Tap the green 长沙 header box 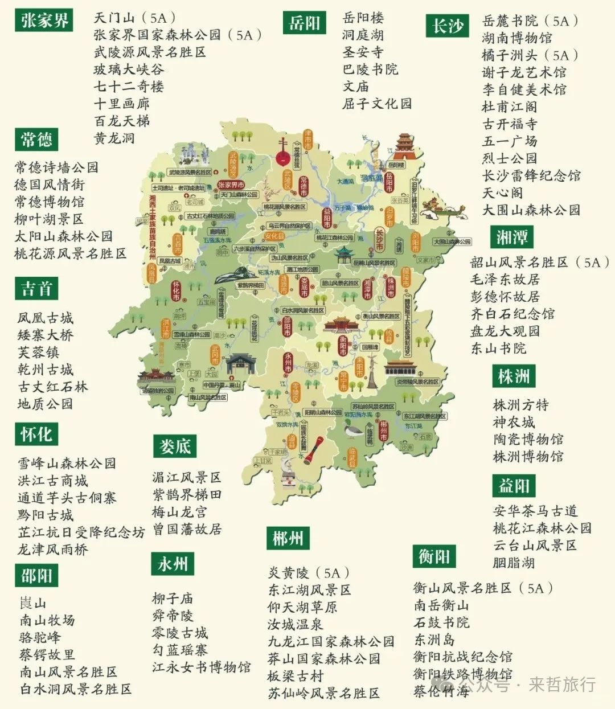(x=448, y=26)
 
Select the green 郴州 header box (x=288, y=538)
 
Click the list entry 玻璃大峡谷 (x=129, y=69)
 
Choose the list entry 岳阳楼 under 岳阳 (x=363, y=18)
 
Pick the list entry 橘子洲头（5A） (x=530, y=55)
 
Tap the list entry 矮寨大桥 (x=46, y=335)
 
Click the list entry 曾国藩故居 (x=186, y=530)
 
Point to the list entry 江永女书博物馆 (x=201, y=667)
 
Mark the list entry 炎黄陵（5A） (x=309, y=573)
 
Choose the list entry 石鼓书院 (x=442, y=622)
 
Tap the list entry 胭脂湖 (x=514, y=563)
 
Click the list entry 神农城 (x=514, y=422)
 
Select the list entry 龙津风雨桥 (x=53, y=550)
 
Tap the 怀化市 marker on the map (x=177, y=290)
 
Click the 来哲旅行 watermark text (x=561, y=684)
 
